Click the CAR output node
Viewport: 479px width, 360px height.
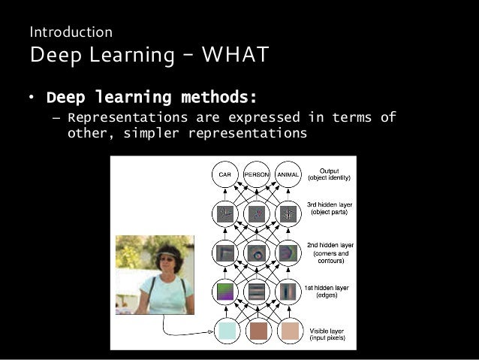[224, 174]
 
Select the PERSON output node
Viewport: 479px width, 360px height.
[256, 174]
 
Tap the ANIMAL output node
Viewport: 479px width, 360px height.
[288, 174]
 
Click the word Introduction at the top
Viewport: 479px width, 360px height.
[71, 32]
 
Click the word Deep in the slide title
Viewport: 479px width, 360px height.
[53, 56]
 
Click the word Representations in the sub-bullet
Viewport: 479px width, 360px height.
[127, 117]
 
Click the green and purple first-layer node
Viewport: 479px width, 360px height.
[225, 290]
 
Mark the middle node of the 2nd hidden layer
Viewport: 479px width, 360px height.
[257, 253]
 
